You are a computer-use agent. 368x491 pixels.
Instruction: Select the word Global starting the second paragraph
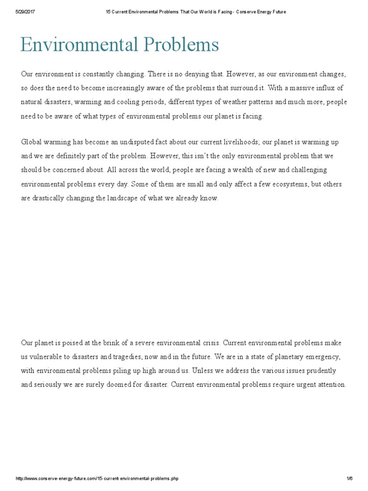click(x=32, y=141)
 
